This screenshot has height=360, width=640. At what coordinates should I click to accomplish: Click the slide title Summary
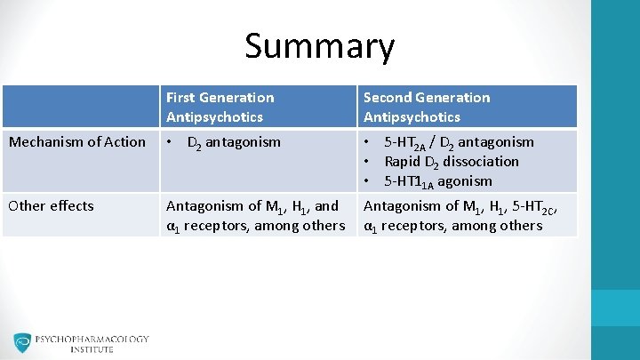click(x=319, y=46)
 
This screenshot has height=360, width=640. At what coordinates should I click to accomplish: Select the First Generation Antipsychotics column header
click(x=220, y=107)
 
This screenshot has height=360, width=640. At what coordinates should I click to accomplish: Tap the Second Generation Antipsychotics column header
click(x=426, y=107)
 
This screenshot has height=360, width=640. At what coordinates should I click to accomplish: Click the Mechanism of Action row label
click(x=76, y=141)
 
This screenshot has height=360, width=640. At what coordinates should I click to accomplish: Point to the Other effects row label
click(x=51, y=205)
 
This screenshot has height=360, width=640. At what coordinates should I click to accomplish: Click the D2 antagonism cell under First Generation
click(x=233, y=142)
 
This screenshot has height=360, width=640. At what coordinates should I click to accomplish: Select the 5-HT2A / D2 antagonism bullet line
click(x=459, y=142)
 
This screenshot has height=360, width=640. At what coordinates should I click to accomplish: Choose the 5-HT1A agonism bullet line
click(x=437, y=180)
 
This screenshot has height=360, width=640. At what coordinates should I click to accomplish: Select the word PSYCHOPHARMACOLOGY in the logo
click(x=92, y=339)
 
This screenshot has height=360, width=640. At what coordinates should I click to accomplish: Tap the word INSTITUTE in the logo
click(x=92, y=349)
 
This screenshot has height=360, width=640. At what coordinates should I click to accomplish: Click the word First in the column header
click(x=180, y=97)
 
